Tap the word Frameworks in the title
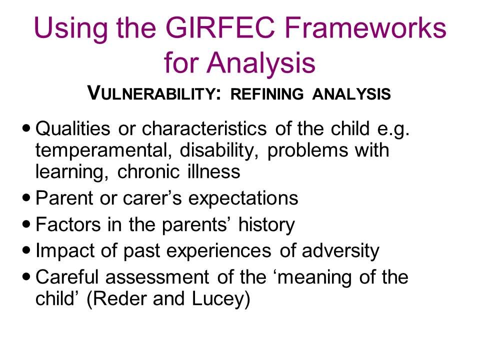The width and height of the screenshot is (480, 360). pos(365,28)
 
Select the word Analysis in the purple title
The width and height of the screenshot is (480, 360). pos(261,63)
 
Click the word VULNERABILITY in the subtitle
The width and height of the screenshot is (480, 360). pos(153,93)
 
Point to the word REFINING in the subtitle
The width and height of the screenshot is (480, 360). pos(267,93)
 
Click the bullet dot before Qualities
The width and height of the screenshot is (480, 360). pos(26,127)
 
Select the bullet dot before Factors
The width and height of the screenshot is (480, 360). pos(26,224)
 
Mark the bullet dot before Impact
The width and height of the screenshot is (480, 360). pos(26,250)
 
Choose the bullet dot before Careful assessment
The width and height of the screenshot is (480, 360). pos(26,276)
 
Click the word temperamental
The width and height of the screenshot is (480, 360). pos(103,151)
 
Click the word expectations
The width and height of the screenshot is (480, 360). pos(243,198)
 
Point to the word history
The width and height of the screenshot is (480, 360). pos(266,225)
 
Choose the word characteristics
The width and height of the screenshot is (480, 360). pos(204,128)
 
